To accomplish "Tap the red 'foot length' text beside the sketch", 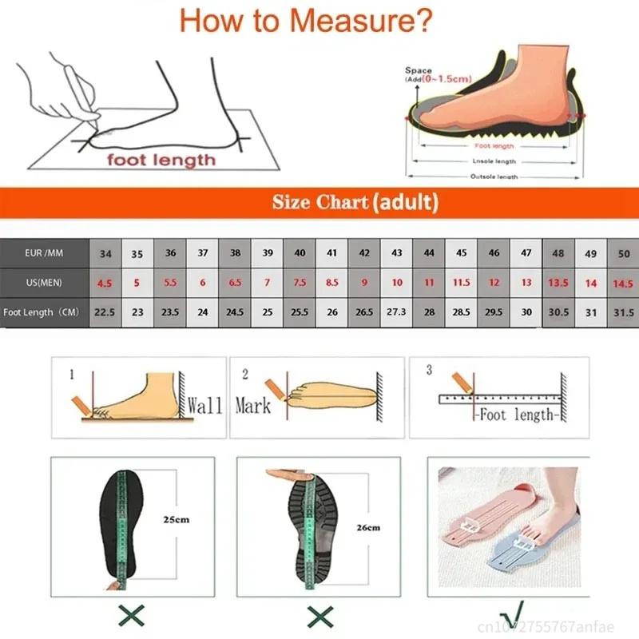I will click(x=162, y=160).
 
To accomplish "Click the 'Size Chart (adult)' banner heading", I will click(x=355, y=202).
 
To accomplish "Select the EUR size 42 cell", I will click(x=364, y=253).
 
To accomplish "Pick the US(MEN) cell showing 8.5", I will click(x=331, y=283).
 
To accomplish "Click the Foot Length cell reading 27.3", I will click(x=397, y=312).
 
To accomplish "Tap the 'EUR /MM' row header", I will click(x=44, y=253).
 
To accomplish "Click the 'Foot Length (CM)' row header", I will click(x=44, y=312).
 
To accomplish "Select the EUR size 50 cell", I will click(x=622, y=253).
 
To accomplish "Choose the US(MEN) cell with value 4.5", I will click(x=105, y=283).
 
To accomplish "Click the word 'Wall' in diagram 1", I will click(x=204, y=405).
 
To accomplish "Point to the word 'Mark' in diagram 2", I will click(x=253, y=405).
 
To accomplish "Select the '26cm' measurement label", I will click(x=368, y=527).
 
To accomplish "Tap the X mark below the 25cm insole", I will click(x=132, y=615).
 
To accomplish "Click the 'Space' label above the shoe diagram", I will click(x=419, y=71).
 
